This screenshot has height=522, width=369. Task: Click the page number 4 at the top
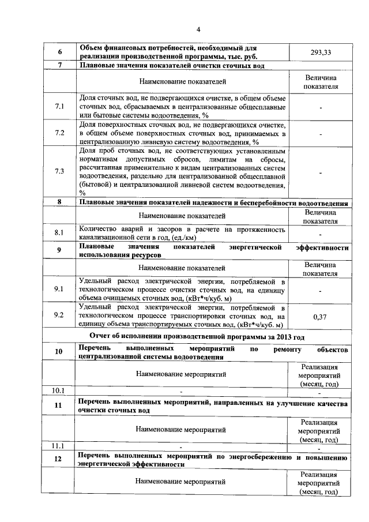pos(198,29)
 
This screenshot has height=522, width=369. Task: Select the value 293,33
pos(321,52)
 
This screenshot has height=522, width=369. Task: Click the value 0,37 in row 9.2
pos(321,317)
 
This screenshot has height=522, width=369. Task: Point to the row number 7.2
pos(59,133)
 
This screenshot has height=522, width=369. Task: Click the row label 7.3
pos(59,171)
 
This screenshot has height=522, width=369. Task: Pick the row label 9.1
pos(59,289)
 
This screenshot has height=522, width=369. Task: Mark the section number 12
pos(59,460)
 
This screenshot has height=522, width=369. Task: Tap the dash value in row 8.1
pos(321,234)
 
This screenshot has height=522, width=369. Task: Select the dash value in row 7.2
pos(321,133)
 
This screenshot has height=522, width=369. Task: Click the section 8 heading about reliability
pos(213,203)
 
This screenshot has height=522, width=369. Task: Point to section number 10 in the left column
pos(59,352)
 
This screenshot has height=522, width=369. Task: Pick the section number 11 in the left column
pos(59,405)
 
